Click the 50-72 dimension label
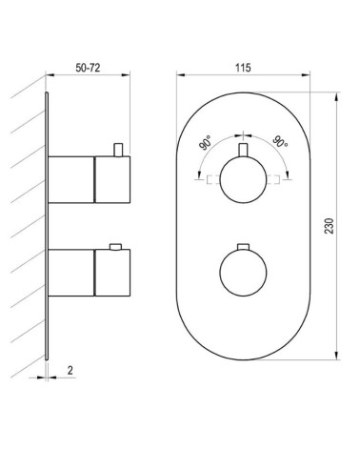pos(88,68)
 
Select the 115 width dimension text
pos(243,68)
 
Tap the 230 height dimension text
pos(330,226)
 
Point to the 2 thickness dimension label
pos(70,370)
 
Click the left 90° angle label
pos(206,142)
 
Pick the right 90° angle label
pos(280,141)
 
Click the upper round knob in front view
pos(243,179)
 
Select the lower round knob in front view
pos(243,273)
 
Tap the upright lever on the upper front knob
pos(243,150)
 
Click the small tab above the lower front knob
pos(243,247)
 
